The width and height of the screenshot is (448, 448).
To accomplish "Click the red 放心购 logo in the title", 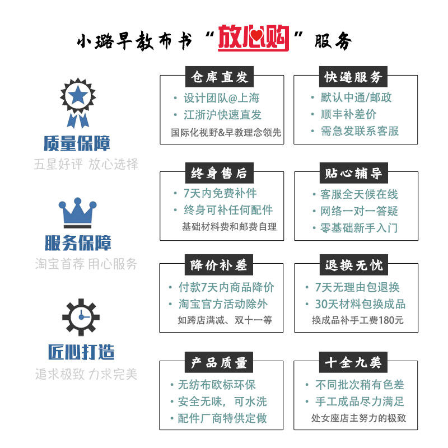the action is (254, 38).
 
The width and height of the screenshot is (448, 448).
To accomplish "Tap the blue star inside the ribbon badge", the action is (78, 95).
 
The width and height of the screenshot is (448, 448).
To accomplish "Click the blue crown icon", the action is (77, 213).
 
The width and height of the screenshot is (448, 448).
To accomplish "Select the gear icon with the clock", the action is (81, 317).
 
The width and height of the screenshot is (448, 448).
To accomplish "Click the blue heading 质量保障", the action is (77, 143).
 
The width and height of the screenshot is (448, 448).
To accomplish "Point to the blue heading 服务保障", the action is (78, 243).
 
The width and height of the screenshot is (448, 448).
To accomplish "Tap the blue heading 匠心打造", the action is (81, 352).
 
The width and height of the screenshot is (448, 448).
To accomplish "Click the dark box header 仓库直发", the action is (220, 77).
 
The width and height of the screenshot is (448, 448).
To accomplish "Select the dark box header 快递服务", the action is (353, 77).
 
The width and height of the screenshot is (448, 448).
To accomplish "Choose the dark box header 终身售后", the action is (220, 173).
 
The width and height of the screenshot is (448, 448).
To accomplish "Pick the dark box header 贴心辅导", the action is (354, 173).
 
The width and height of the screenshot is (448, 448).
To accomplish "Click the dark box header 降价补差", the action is (219, 265).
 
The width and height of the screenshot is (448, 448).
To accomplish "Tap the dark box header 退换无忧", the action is (354, 265).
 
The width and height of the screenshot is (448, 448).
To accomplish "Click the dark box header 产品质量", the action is (219, 362).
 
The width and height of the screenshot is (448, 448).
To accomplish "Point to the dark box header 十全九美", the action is (353, 362).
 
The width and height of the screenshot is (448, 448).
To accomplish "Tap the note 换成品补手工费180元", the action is (358, 320).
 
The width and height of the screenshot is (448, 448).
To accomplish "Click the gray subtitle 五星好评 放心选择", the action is (86, 164).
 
